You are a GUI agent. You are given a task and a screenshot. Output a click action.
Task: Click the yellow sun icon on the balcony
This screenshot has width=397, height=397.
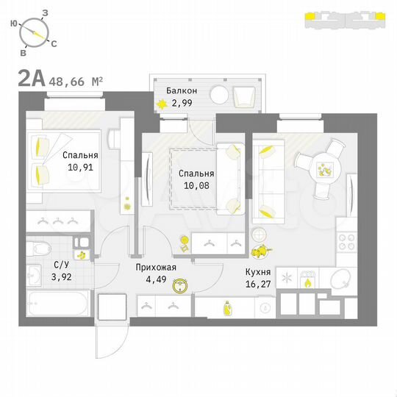click(x=161, y=104)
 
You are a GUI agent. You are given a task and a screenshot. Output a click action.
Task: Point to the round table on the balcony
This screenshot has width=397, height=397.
click(x=220, y=95)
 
